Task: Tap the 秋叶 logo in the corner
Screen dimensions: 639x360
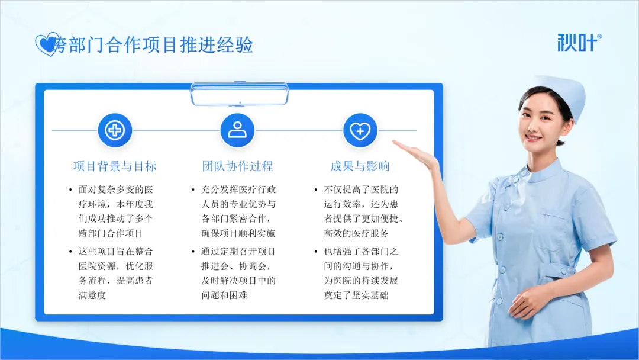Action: tap(579, 43)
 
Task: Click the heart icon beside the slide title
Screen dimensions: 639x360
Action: tap(47, 44)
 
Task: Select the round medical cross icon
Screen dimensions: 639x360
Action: tap(115, 130)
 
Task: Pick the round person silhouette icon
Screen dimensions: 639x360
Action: tap(237, 130)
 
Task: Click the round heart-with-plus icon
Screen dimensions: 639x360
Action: tap(360, 130)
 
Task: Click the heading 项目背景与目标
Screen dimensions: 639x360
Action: tap(115, 166)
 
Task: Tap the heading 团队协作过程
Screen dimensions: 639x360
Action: tap(238, 166)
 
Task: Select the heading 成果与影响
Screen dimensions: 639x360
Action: tap(360, 166)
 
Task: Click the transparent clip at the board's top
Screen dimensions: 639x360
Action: tap(240, 94)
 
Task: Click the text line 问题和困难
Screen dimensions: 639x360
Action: tap(224, 295)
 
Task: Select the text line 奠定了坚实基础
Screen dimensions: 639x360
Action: tap(356, 295)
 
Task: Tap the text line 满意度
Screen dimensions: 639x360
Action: tap(92, 295)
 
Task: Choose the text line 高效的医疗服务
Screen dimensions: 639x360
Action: tap(356, 234)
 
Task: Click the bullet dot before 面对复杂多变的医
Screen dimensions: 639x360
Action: tap(70, 190)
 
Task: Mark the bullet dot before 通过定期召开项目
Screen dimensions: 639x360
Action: tap(193, 252)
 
